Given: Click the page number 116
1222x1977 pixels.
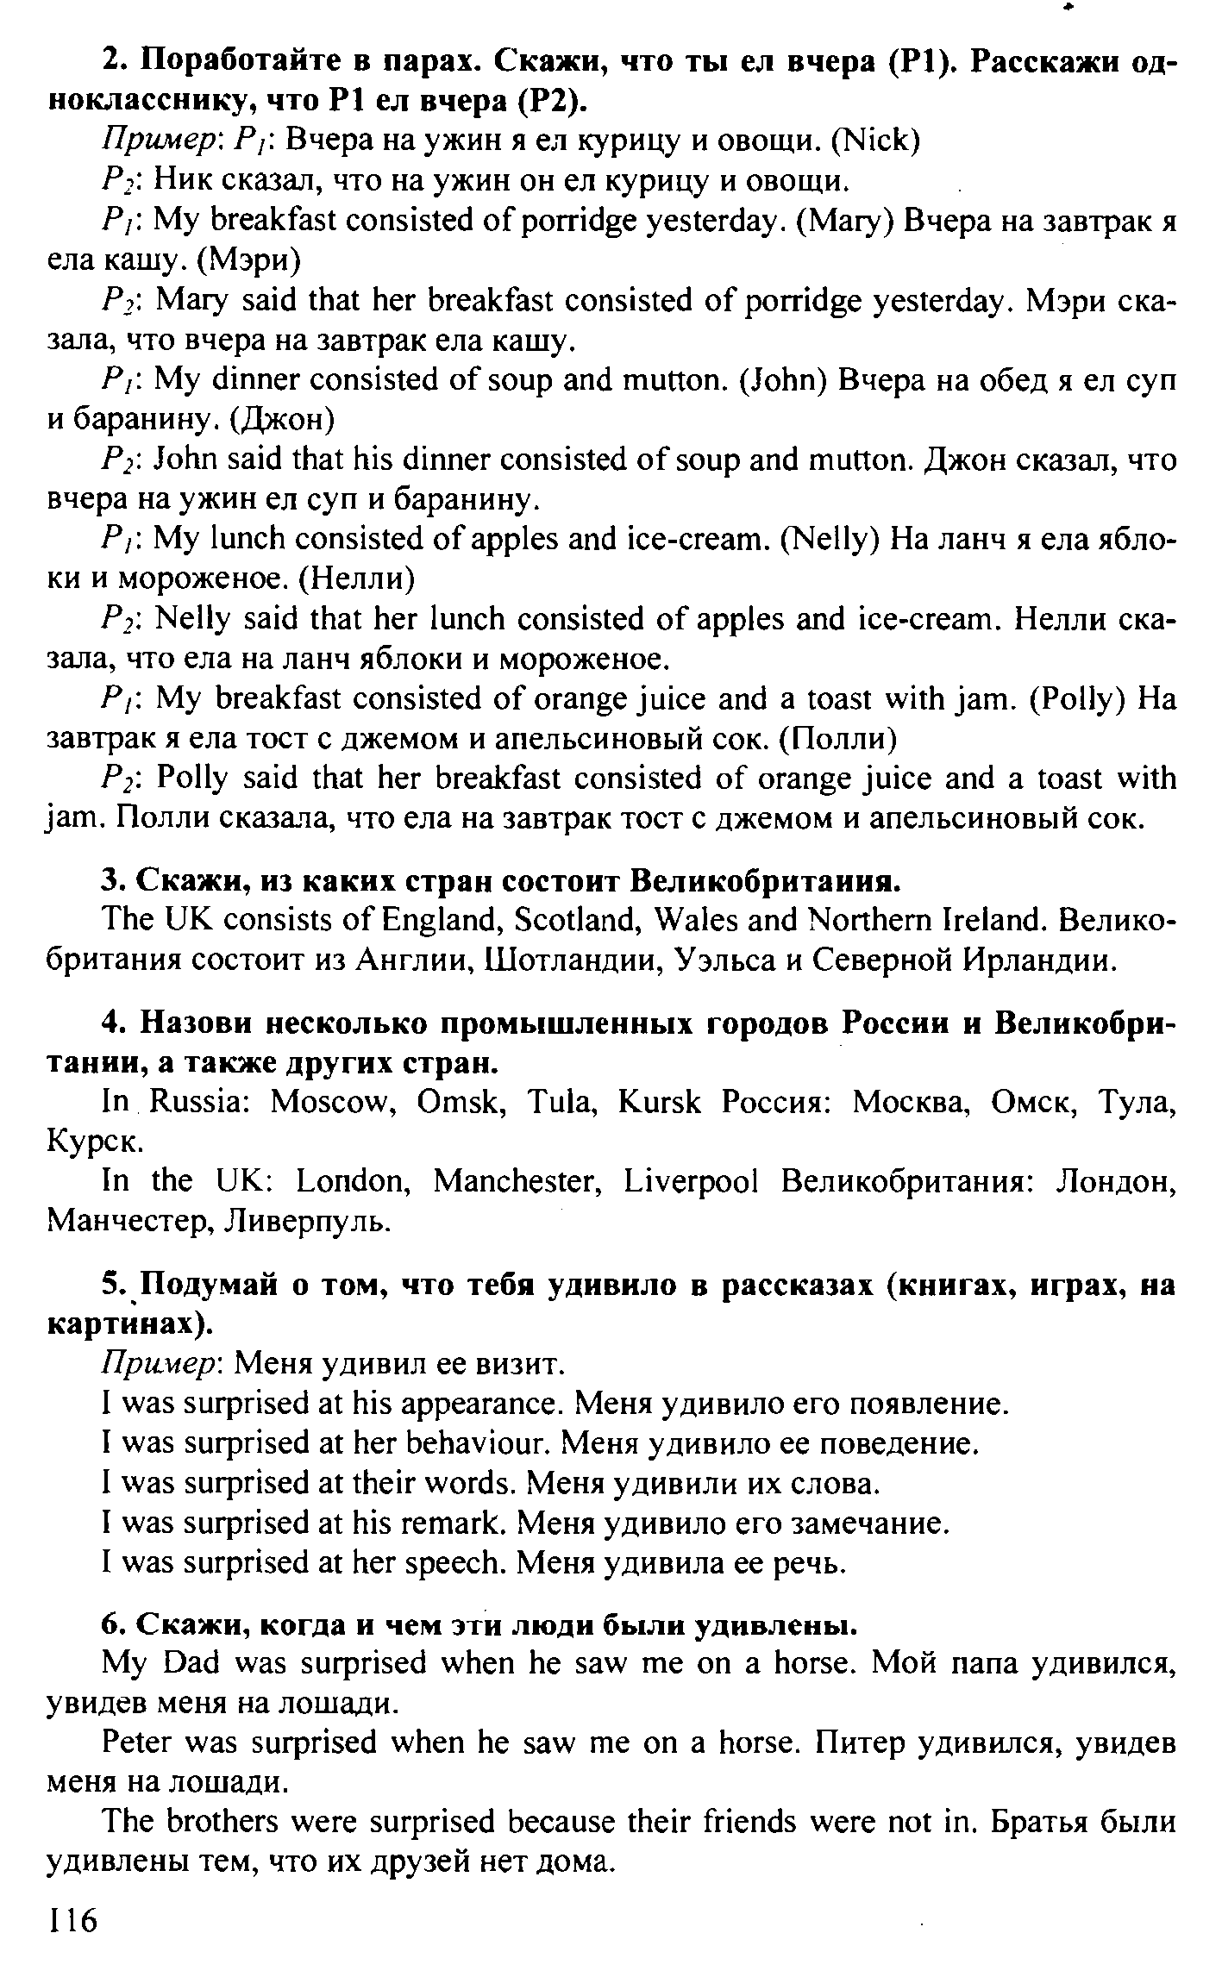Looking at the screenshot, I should pos(74,1922).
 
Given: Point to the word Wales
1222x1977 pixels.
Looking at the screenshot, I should pos(694,921).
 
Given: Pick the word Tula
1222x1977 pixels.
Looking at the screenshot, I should pos(561,1102).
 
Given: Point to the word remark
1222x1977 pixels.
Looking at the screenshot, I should pos(453,1523).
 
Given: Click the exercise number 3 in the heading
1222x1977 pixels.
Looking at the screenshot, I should pos(110,882).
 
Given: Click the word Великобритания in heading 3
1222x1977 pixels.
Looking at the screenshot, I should pos(766,882).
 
